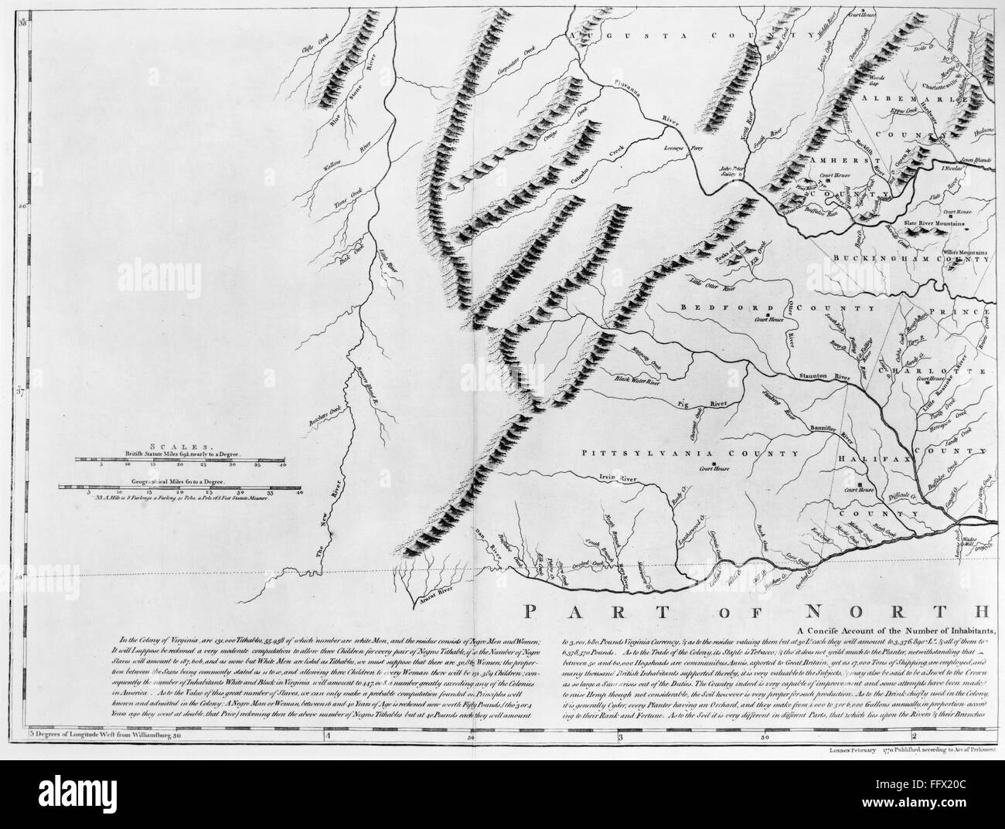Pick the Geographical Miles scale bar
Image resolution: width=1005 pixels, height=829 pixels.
(x=182, y=488)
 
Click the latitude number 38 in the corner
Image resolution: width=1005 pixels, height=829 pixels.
(x=22, y=6)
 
